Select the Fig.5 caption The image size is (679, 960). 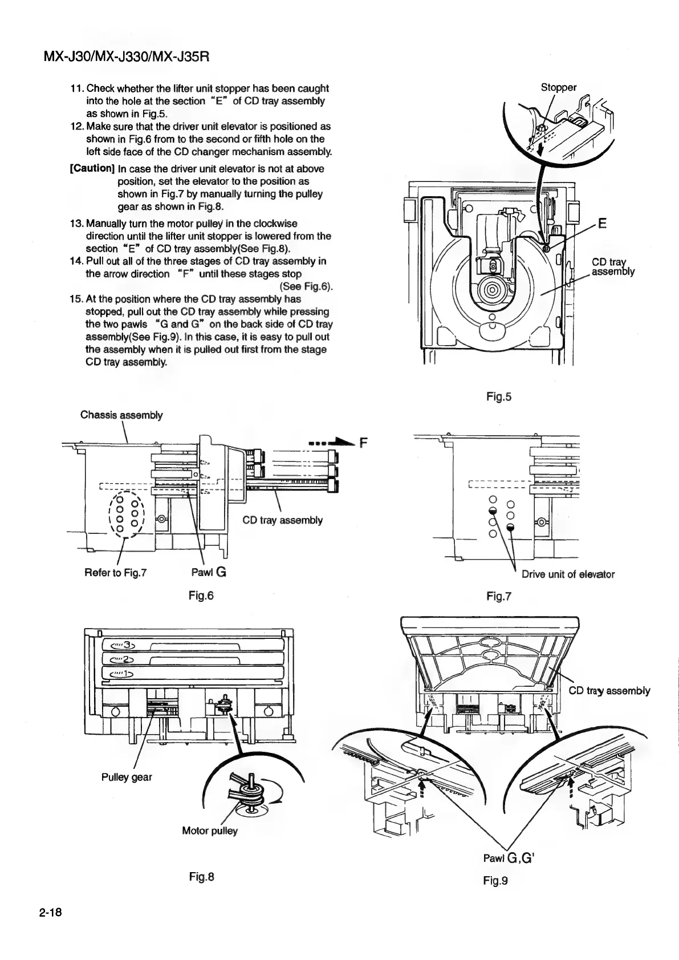(x=498, y=396)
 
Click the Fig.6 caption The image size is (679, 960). (x=201, y=596)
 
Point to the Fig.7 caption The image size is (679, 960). (x=498, y=597)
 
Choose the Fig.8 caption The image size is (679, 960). (x=201, y=877)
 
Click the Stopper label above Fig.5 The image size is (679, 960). (x=558, y=87)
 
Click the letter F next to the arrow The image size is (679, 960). (x=363, y=442)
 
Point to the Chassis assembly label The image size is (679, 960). (x=121, y=415)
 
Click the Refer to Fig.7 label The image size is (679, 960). (x=116, y=573)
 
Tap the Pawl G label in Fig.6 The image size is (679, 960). (x=209, y=573)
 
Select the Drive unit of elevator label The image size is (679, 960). (x=568, y=574)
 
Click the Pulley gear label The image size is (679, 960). (x=127, y=777)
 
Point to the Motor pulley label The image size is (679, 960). (x=209, y=831)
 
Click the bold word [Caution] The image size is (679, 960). (x=92, y=168)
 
